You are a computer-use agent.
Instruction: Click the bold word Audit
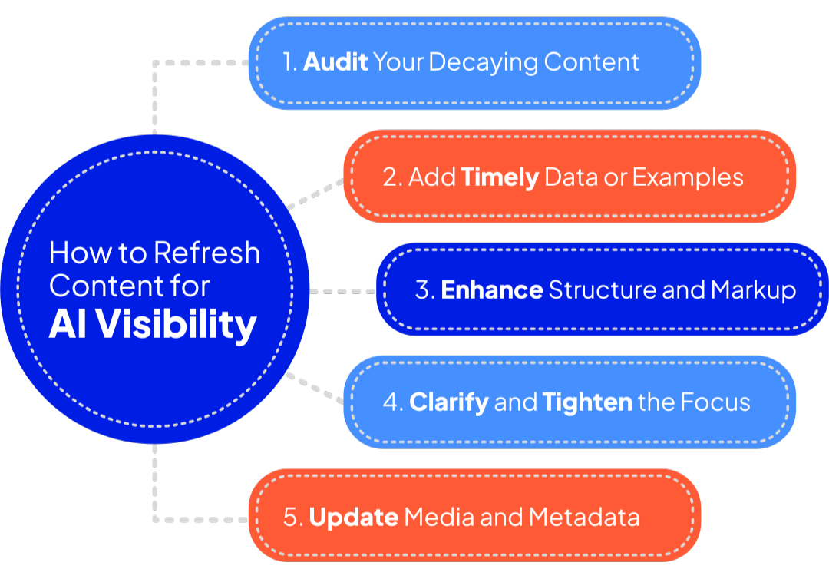point(335,62)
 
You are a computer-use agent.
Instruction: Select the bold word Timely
point(499,177)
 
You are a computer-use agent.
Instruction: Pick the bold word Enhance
point(492,290)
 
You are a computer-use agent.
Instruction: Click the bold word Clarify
point(449,402)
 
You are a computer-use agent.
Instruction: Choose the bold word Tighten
point(587,402)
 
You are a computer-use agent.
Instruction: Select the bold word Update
point(353,517)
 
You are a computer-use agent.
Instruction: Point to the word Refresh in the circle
point(207,253)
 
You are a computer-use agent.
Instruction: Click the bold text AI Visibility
point(152,325)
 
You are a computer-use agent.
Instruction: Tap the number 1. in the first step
point(289,62)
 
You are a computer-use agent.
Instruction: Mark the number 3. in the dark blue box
point(425,290)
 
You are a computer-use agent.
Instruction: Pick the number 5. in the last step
point(294,517)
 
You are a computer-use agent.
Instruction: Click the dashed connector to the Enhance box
point(342,292)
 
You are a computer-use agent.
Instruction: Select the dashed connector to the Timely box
point(315,195)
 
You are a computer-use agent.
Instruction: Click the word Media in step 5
point(434,517)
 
